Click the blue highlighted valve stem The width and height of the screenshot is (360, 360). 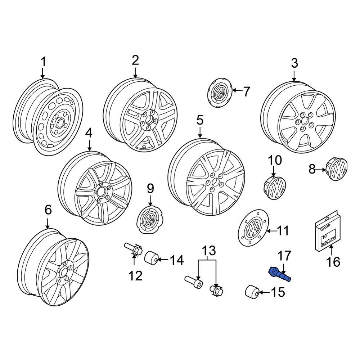pos(280,274)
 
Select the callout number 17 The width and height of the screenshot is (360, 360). pos(284,256)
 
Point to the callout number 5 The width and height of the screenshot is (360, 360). pos(199,120)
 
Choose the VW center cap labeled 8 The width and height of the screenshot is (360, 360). pos(338,169)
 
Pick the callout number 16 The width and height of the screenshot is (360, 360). pos(334,262)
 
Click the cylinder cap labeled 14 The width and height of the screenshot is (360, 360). pos(152,258)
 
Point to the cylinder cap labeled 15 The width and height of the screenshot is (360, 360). pos(252,292)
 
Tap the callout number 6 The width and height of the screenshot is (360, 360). pos(48,210)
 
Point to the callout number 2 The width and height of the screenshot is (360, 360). pos(135,60)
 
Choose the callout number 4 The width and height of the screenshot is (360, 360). pos(89,133)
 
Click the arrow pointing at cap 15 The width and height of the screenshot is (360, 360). pos(265,292)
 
